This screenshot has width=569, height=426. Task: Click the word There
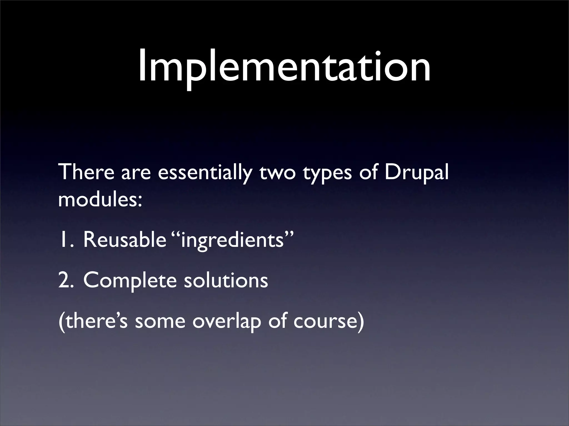click(86, 172)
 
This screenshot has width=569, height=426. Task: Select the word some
click(160, 322)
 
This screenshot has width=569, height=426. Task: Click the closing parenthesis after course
click(360, 322)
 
